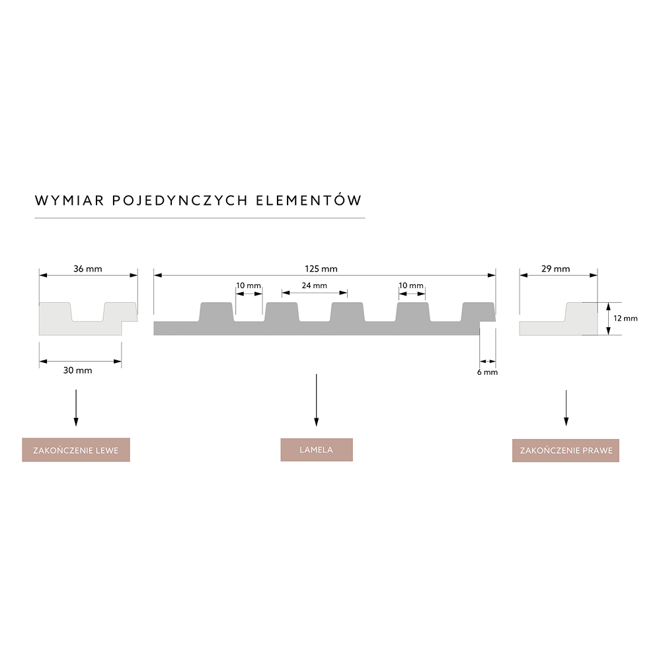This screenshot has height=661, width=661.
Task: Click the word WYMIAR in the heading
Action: [x=69, y=201]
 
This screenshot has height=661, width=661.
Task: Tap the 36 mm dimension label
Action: [x=88, y=268]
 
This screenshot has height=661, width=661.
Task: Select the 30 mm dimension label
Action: [x=77, y=370]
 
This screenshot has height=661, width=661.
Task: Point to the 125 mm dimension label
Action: [x=321, y=268]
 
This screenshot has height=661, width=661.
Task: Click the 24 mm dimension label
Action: [x=315, y=286]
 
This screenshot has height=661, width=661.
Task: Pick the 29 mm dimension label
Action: [x=556, y=268]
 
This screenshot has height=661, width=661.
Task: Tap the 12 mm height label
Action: [x=625, y=319]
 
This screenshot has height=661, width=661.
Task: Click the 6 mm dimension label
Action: [x=487, y=372]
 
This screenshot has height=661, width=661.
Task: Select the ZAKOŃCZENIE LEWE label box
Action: [x=76, y=449]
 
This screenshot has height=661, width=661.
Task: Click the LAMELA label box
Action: [x=317, y=449]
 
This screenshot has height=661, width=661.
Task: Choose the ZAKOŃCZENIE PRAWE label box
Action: [x=566, y=450]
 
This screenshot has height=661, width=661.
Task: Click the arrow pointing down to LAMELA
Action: [x=316, y=400]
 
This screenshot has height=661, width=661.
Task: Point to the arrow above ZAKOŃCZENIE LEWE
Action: [x=76, y=408]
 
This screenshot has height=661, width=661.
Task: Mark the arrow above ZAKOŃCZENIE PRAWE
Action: [x=566, y=408]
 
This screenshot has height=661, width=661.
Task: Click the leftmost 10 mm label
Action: [x=249, y=286]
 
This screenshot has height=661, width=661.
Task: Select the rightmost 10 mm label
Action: [x=411, y=286]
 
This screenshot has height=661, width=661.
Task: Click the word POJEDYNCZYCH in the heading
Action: [x=180, y=201]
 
